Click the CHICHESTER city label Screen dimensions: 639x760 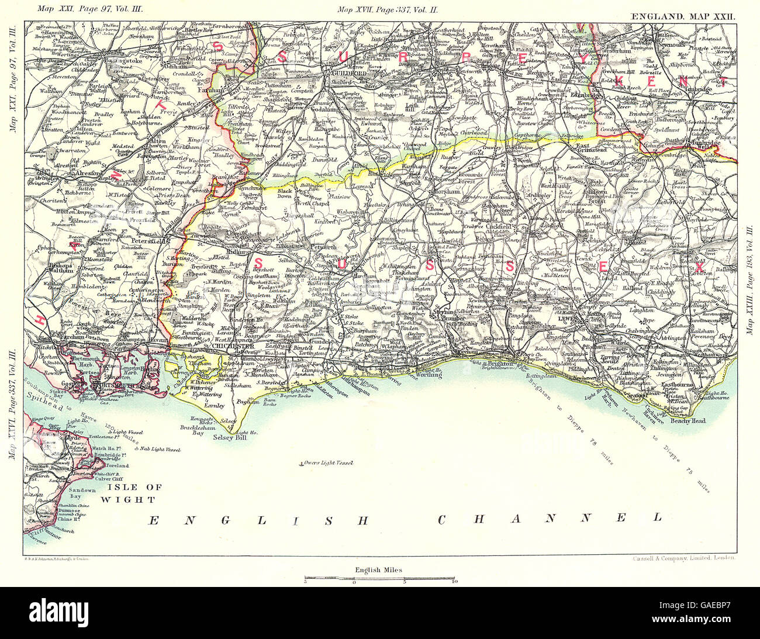234,346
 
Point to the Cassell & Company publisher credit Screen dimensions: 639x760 684,558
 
